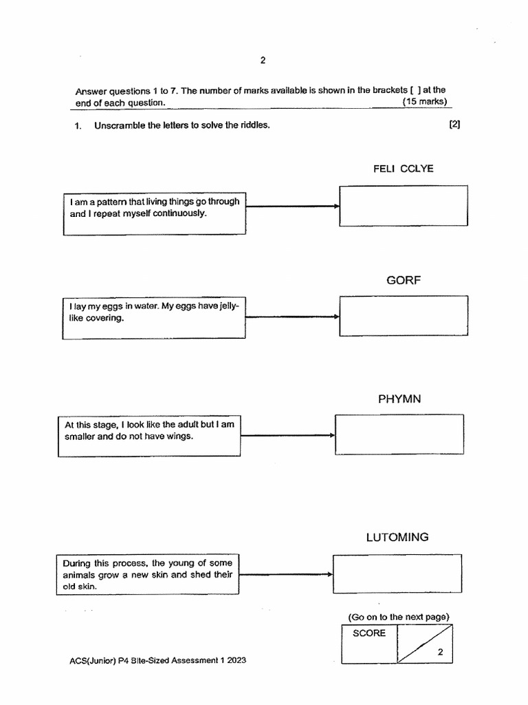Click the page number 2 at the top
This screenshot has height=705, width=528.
(263, 60)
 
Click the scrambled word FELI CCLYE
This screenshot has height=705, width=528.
(403, 169)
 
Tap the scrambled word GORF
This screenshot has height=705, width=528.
(404, 280)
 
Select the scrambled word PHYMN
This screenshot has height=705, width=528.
(399, 399)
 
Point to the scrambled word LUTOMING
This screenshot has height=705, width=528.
(397, 537)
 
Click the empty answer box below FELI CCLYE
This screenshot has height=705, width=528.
(404, 205)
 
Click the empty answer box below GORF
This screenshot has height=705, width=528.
(404, 316)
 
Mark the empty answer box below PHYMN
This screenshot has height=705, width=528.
(399, 434)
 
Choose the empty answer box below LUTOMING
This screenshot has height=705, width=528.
(397, 574)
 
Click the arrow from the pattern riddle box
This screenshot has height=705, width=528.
(292, 206)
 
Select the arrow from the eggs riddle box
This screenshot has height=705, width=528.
(292, 317)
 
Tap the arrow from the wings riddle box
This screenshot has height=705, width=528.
(287, 435)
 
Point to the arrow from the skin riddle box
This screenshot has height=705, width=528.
(285, 574)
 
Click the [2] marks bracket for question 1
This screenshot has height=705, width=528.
(454, 125)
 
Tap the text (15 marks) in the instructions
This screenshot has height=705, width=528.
(426, 102)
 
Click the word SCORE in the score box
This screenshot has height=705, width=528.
(369, 633)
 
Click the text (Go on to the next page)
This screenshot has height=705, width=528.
(399, 617)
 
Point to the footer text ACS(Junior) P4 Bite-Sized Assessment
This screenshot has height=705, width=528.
(157, 660)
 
